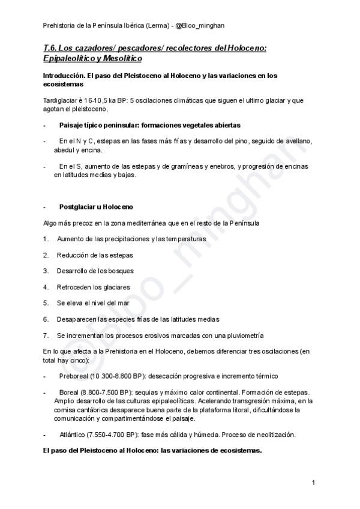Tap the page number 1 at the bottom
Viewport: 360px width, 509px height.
(314, 483)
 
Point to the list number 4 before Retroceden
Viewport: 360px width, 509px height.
(46, 287)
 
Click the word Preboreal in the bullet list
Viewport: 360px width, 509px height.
(73, 375)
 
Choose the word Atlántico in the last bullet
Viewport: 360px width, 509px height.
(73, 435)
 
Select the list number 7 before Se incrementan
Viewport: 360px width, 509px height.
(46, 335)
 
